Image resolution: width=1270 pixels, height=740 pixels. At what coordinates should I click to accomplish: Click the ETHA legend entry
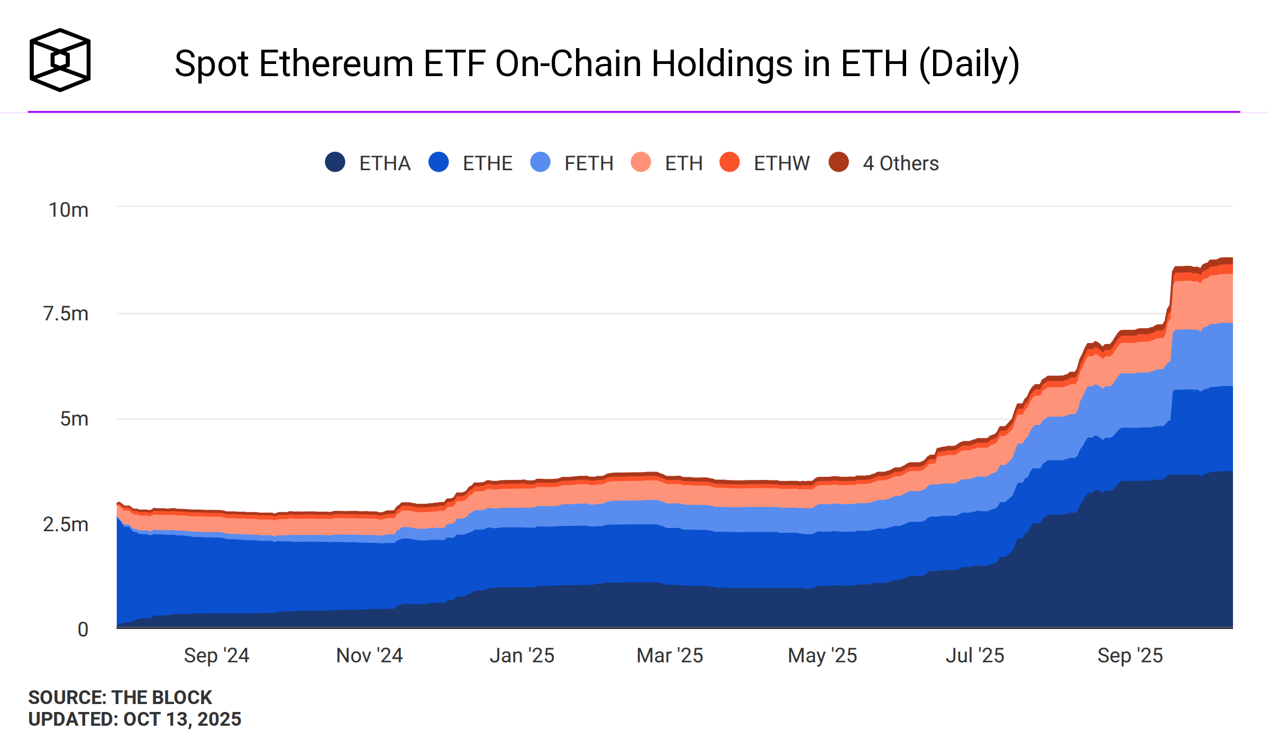[x=368, y=163]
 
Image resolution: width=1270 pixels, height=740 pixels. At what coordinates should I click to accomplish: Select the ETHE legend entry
[x=471, y=163]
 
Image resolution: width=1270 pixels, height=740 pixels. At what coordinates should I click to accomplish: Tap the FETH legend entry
[x=572, y=163]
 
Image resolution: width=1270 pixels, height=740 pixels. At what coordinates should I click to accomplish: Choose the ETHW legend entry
[x=765, y=163]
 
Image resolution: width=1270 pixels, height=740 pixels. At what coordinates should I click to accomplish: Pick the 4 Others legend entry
[x=884, y=163]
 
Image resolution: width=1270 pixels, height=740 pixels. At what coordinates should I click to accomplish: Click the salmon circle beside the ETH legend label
[x=641, y=162]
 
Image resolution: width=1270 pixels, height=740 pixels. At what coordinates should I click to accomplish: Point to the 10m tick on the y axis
[x=69, y=210]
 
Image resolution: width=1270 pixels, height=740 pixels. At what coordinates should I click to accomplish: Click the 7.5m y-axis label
[x=66, y=313]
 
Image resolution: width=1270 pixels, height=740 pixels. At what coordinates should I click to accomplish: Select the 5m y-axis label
[x=75, y=419]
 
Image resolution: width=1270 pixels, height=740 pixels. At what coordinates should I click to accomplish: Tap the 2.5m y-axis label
[x=66, y=524]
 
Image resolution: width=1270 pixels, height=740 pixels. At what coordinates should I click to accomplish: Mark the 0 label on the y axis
[x=83, y=630]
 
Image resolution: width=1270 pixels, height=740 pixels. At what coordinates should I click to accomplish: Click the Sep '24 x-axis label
[x=216, y=655]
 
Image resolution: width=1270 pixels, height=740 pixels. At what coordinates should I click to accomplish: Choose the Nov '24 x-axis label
[x=369, y=655]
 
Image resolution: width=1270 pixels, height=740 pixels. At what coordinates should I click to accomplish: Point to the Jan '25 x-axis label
[x=522, y=655]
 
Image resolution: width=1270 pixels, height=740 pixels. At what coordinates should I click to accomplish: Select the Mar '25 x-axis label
[x=670, y=655]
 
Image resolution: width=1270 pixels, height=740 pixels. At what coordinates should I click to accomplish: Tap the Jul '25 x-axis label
[x=975, y=655]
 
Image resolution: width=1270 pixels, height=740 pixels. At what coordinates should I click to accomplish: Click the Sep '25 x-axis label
[x=1130, y=655]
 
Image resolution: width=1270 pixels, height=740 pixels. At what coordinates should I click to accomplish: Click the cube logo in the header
[x=60, y=60]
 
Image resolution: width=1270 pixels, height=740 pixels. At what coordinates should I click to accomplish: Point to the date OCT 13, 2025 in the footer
[x=182, y=719]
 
